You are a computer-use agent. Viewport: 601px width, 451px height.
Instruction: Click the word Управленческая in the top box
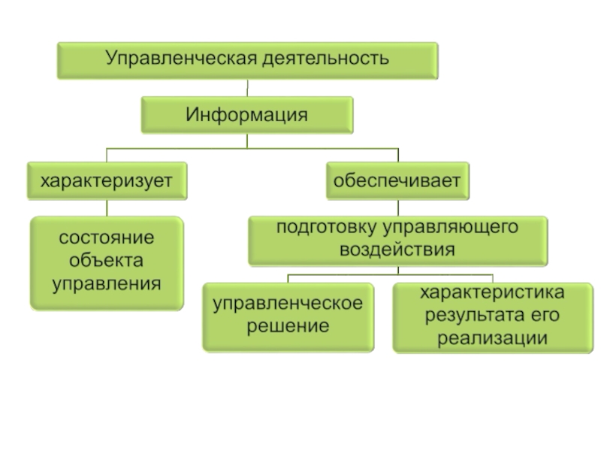click(180, 58)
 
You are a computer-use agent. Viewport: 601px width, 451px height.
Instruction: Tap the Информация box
click(247, 116)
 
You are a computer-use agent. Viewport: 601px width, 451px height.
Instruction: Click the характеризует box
click(106, 180)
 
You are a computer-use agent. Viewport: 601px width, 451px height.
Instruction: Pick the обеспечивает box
click(399, 180)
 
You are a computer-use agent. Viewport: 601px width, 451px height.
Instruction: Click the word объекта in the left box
click(106, 261)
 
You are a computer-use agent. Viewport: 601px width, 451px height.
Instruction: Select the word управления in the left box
click(106, 284)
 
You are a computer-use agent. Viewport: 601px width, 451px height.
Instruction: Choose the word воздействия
click(397, 250)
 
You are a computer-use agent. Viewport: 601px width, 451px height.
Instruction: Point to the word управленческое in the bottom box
click(288, 304)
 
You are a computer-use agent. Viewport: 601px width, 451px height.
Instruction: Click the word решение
click(288, 327)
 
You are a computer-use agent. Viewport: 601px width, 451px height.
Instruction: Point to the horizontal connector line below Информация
click(248, 147)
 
